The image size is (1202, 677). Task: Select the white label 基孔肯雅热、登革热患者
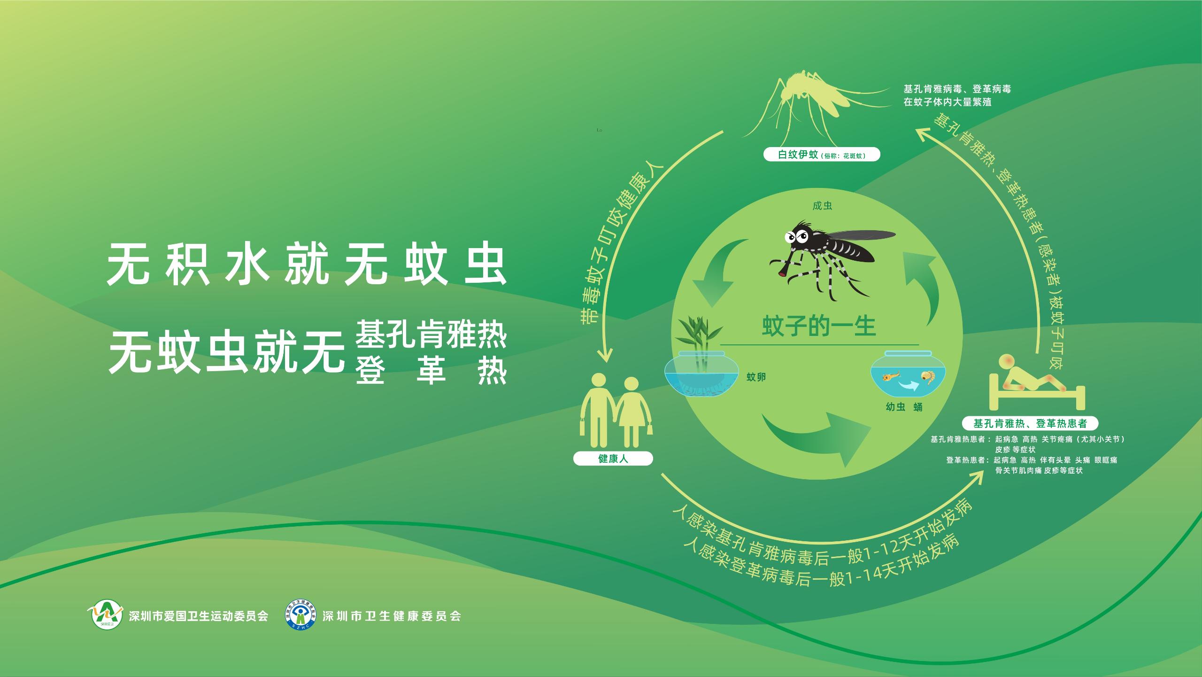[x=1030, y=424]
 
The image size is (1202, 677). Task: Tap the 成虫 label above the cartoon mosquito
[x=822, y=206]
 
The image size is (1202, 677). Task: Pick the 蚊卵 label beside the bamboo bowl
[x=756, y=377]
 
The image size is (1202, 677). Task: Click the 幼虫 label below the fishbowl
[x=895, y=407]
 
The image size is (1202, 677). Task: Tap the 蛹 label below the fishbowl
[x=918, y=407]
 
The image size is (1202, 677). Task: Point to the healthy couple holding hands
[x=617, y=410]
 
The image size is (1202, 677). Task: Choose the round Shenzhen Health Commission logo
[x=301, y=616]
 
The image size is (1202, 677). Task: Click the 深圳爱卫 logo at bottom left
[x=107, y=615]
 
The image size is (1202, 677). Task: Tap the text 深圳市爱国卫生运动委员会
[x=199, y=616]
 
